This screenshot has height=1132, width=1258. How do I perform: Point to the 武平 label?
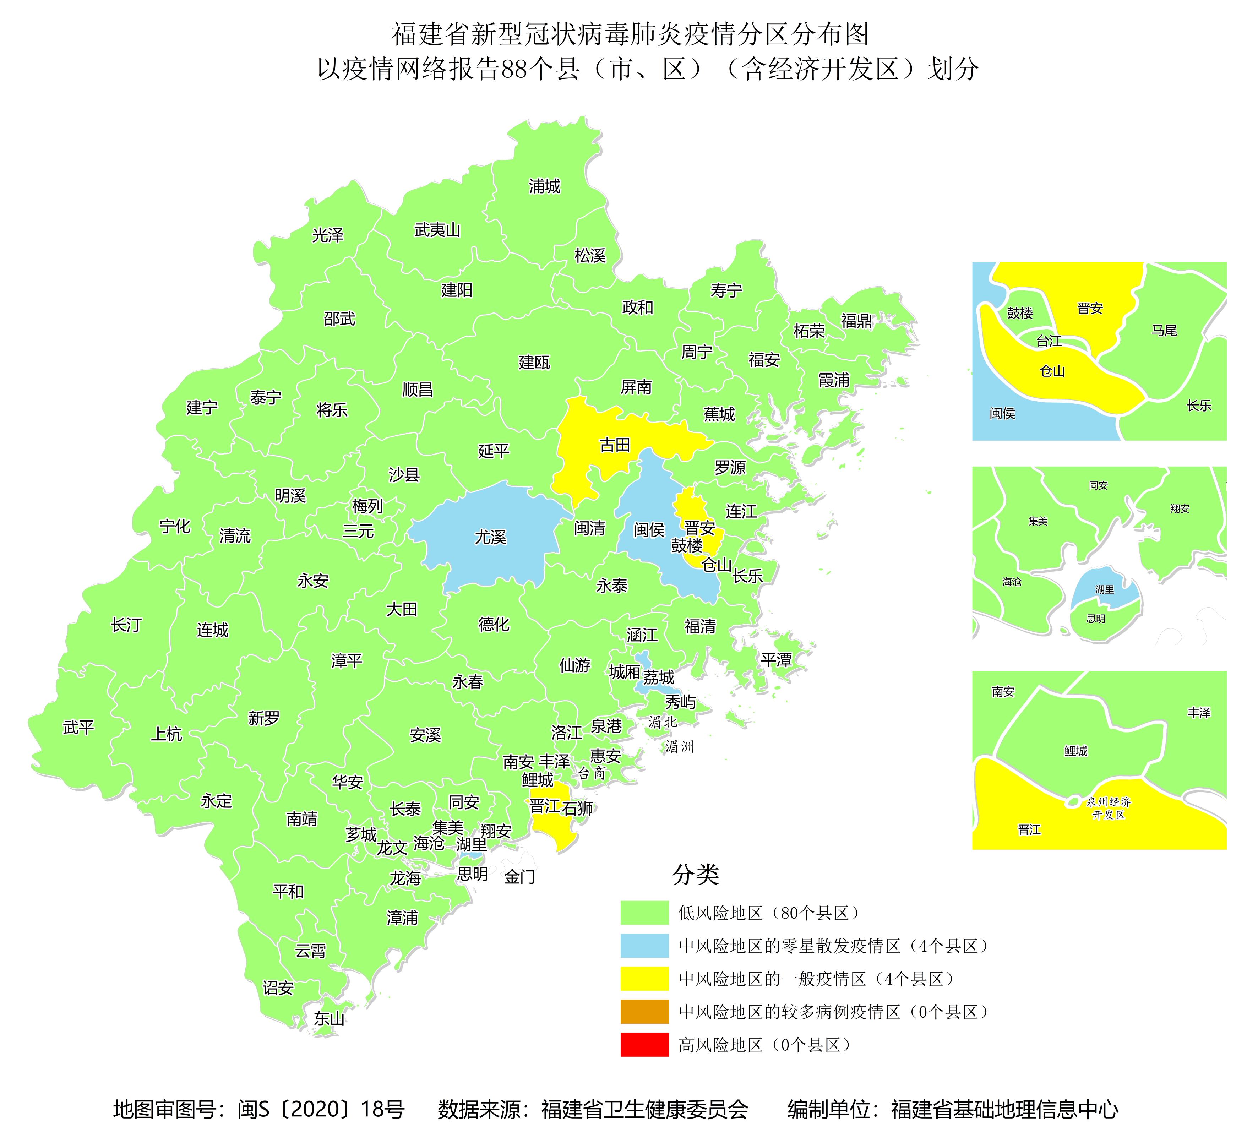78,727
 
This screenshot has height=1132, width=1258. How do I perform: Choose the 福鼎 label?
856,321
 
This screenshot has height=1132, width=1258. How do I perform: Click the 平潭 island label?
776,660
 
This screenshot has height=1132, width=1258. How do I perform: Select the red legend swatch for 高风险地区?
644,1044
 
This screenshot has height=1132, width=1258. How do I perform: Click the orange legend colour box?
644,1011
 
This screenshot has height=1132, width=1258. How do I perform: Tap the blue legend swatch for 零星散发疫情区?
644,946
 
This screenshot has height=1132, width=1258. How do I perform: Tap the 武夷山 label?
437,230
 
